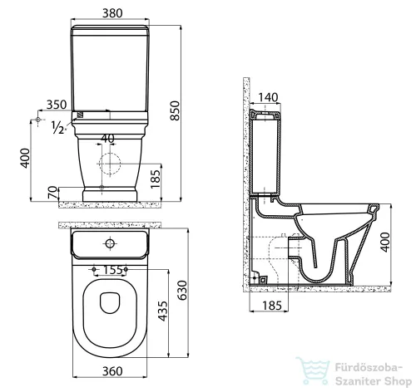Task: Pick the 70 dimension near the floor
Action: (x=52, y=194)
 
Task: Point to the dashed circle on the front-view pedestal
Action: (x=106, y=162)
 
